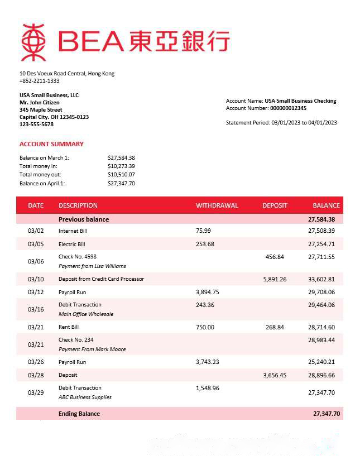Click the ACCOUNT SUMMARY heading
point(51,144)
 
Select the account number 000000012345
point(288,108)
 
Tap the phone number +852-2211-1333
point(39,81)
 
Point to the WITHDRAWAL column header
point(217,205)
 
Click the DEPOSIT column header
point(275,205)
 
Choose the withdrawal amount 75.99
point(204,231)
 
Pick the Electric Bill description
point(72,244)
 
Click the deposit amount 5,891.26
point(275,279)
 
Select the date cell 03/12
point(36,292)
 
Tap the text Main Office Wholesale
point(86,314)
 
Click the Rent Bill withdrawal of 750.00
point(205,327)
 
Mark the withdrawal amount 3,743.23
point(208,362)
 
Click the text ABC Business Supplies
point(85,397)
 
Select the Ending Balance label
point(79,414)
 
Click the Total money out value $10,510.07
point(121,175)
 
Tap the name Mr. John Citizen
point(40,103)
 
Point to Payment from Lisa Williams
point(92,266)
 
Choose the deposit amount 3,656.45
point(275,375)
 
